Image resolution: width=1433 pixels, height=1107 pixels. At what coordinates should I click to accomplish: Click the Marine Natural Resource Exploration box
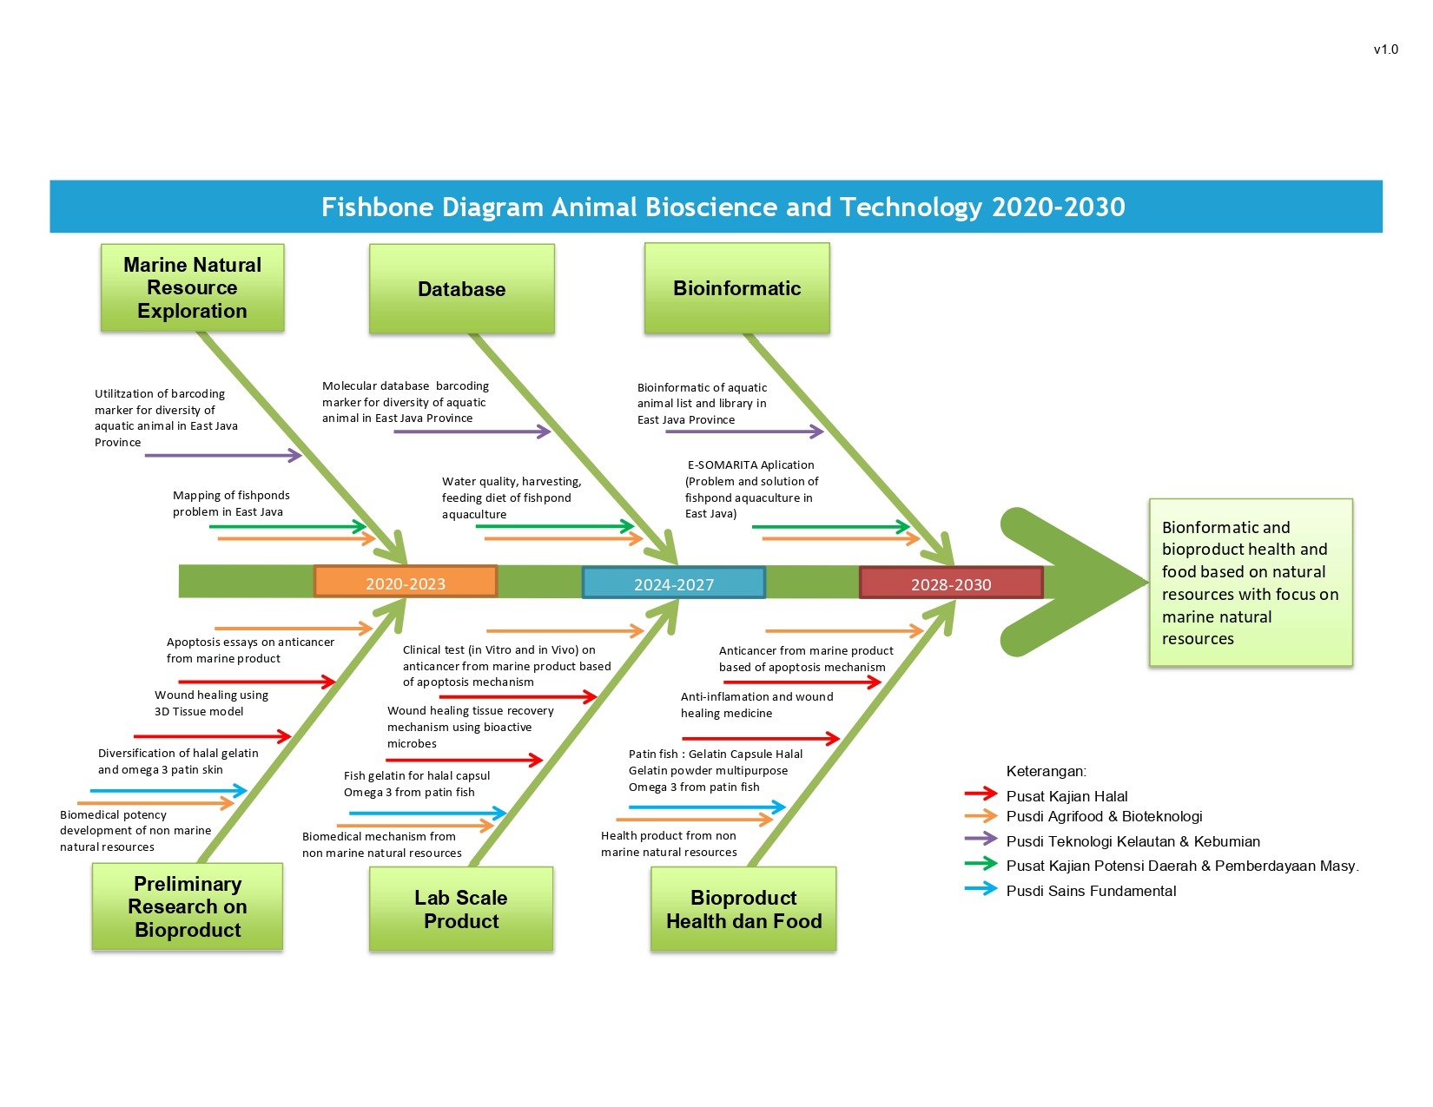click(192, 287)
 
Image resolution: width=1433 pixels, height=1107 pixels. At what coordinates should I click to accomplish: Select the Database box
click(461, 289)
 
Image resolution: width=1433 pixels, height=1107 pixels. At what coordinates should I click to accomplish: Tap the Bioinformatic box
click(736, 288)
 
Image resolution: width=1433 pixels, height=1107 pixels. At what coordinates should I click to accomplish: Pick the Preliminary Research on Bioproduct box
click(188, 906)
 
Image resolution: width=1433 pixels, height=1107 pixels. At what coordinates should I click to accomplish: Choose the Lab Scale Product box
click(461, 909)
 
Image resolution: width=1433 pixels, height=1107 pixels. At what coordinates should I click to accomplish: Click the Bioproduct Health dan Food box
click(743, 909)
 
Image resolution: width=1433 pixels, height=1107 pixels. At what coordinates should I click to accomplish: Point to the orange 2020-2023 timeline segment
click(406, 583)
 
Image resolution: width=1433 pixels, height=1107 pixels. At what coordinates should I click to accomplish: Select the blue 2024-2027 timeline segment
click(673, 583)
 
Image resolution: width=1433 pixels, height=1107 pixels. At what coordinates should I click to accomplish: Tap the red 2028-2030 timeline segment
click(951, 583)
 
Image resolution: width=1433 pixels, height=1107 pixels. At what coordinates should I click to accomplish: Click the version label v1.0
click(1385, 49)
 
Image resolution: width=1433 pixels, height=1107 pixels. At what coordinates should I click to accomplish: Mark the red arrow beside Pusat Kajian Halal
click(981, 794)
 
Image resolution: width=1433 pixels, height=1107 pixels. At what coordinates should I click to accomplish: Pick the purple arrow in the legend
click(981, 839)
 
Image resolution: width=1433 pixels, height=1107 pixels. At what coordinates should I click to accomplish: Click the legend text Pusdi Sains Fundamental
click(1091, 891)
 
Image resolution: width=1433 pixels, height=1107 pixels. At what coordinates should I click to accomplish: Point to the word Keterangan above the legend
click(1046, 771)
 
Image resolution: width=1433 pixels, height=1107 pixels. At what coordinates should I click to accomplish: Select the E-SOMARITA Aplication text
click(751, 465)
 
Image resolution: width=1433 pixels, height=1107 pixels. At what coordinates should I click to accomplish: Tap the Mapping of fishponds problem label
click(231, 504)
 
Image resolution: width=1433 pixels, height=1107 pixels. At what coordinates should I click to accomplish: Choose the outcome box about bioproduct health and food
click(1251, 583)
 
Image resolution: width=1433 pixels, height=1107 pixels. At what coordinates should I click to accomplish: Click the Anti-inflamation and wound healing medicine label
click(756, 705)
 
